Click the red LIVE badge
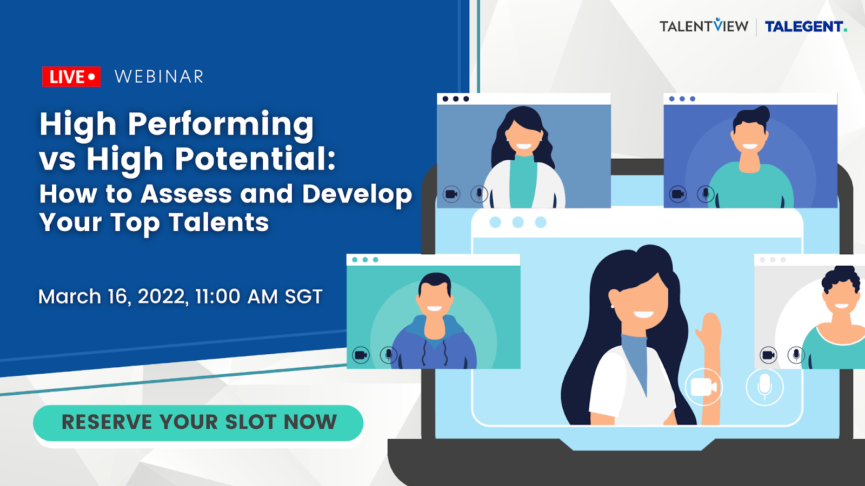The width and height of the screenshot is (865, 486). click(71, 76)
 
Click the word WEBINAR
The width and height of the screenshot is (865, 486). click(159, 76)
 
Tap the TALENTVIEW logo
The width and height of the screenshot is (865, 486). click(703, 25)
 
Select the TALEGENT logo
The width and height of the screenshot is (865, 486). click(806, 26)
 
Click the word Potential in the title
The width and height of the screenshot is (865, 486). click(255, 159)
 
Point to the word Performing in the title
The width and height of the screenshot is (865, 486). click(221, 125)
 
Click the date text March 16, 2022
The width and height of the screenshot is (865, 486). click(114, 296)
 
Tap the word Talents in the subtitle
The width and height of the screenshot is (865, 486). click(218, 222)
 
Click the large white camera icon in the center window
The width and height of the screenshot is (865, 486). click(703, 387)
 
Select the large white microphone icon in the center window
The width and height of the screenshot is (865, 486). click(764, 387)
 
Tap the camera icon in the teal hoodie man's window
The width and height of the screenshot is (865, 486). click(361, 355)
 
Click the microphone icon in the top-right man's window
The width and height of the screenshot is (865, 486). click(706, 194)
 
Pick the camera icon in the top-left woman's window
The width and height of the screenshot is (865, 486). click(451, 194)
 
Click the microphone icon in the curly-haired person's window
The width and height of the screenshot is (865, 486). click(796, 355)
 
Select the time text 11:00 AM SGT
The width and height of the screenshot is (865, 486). click(259, 296)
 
